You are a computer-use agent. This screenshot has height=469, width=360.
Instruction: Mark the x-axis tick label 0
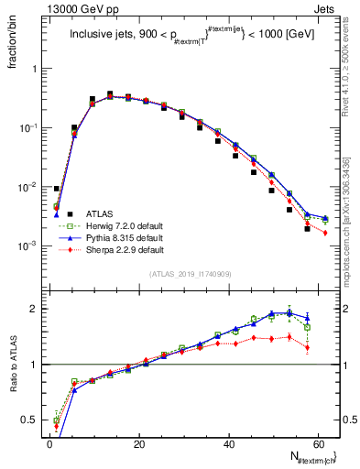tap(49, 443)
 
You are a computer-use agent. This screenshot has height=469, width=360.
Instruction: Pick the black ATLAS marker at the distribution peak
tap(110, 94)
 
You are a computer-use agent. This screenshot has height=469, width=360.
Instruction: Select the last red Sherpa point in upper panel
tap(325, 233)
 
